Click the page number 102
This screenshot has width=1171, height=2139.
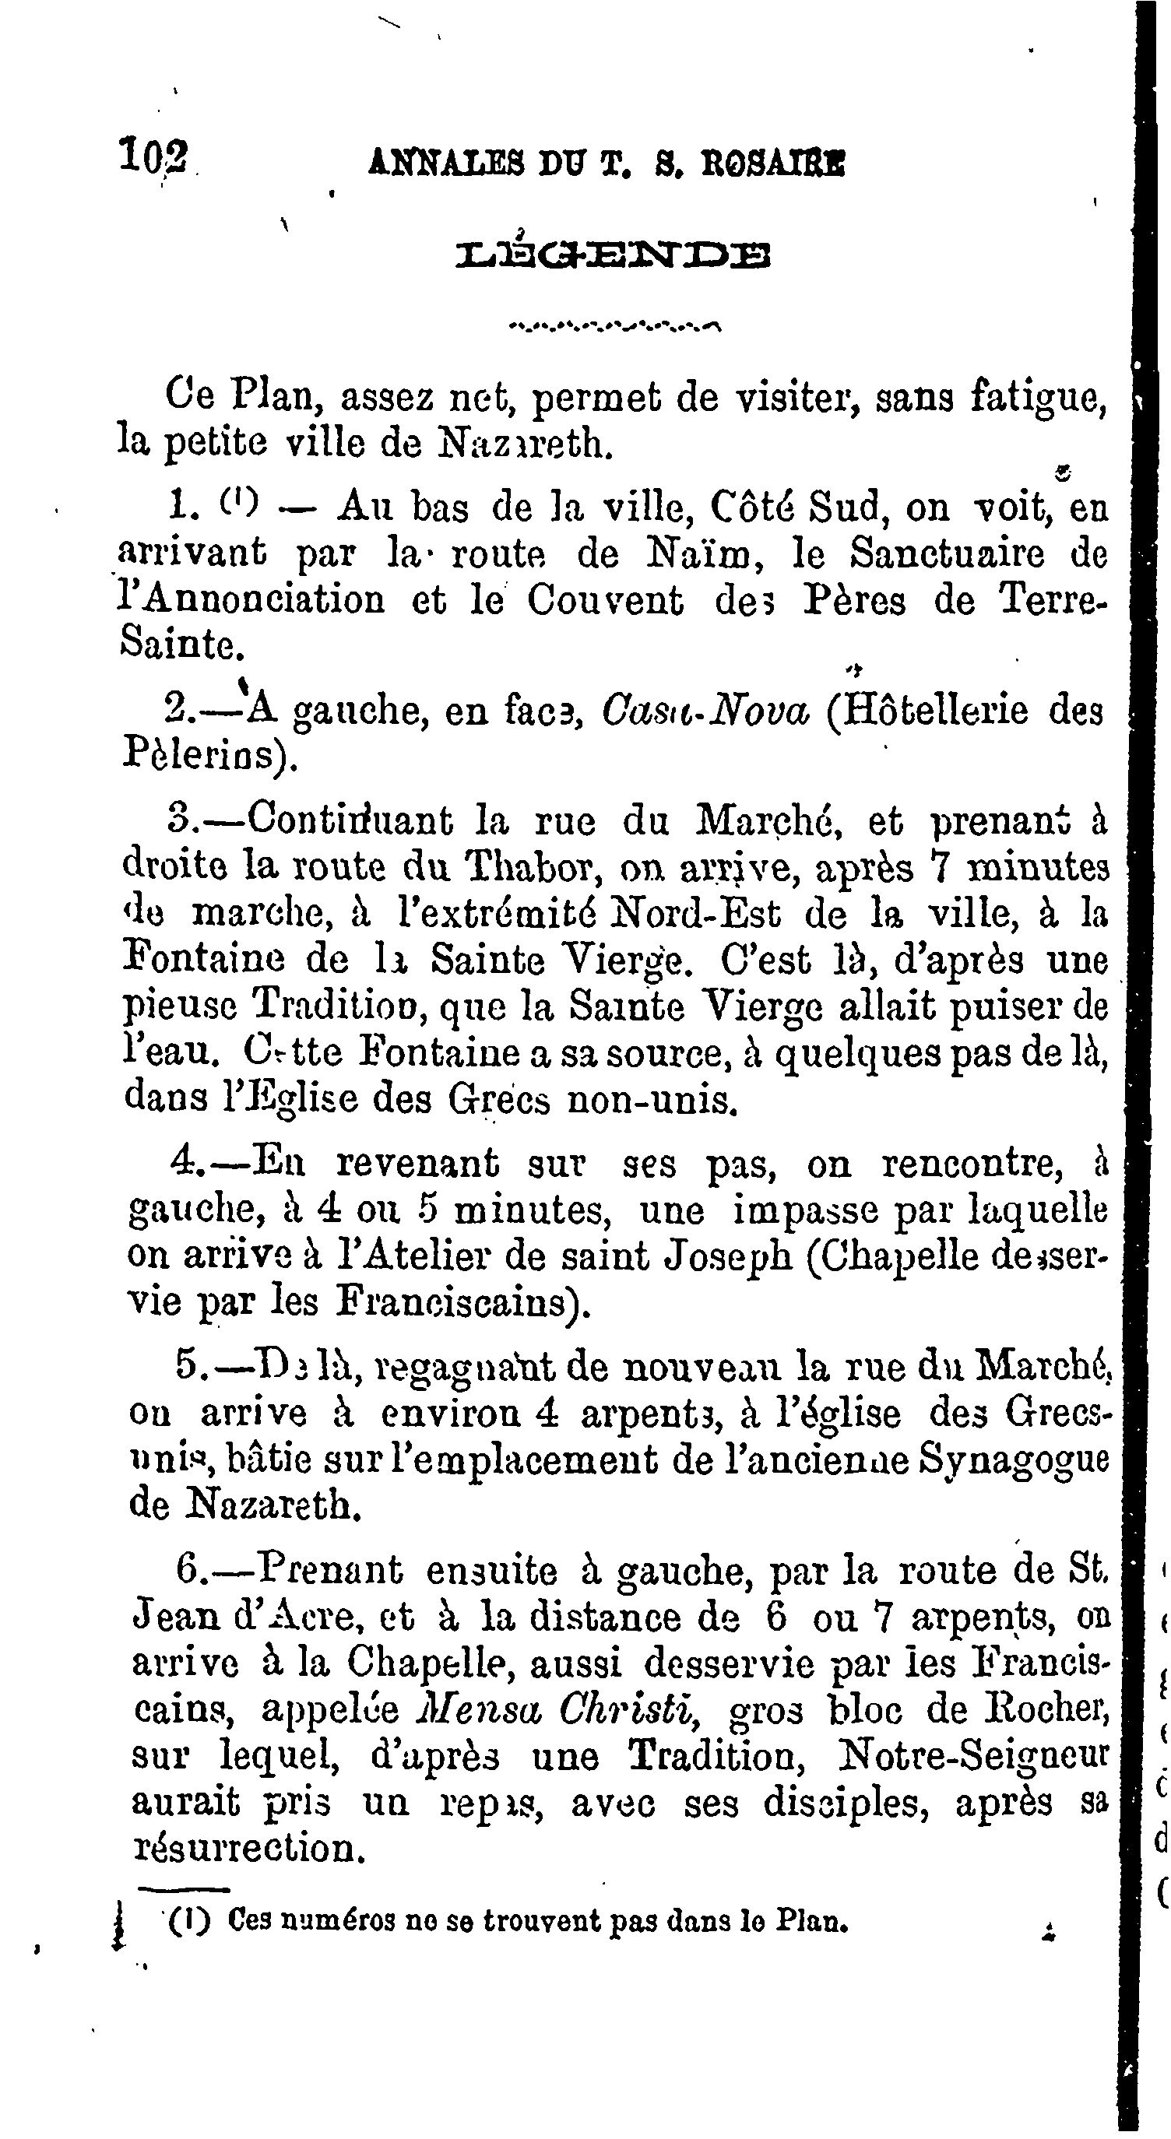155,156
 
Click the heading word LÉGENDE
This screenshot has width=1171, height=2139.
614,257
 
